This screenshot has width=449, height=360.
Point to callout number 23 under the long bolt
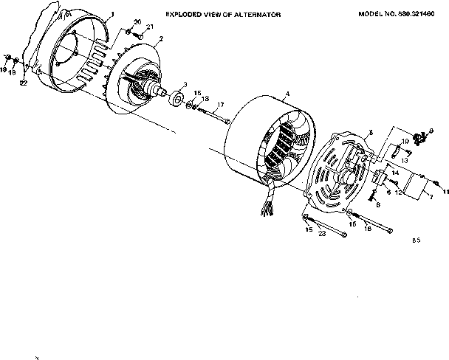point(322,234)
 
